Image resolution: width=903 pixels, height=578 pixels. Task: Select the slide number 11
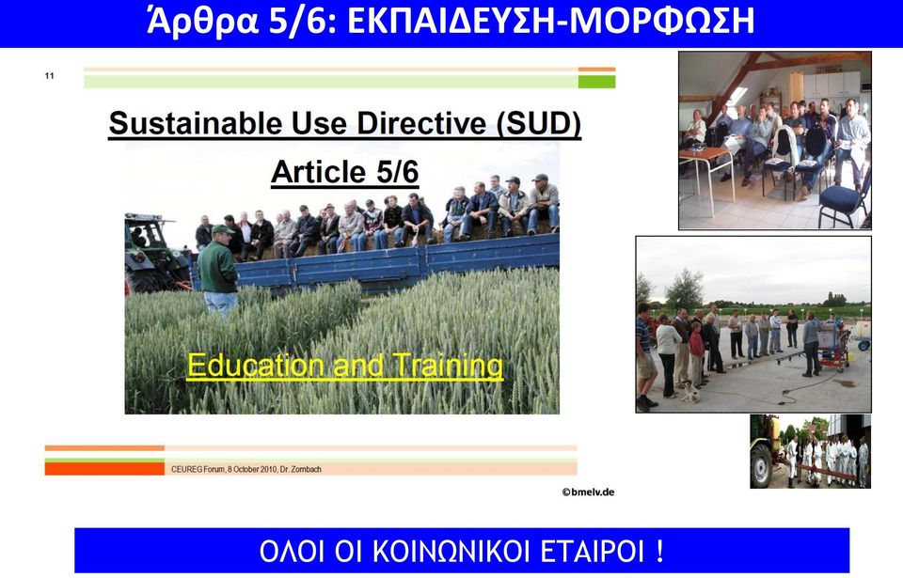pos(50,75)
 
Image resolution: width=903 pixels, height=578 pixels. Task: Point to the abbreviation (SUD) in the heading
pos(538,123)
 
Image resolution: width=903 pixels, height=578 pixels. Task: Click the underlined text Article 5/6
pos(344,172)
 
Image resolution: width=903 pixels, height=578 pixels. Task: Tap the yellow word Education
pos(256,366)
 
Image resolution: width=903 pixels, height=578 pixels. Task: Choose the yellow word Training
pos(448,366)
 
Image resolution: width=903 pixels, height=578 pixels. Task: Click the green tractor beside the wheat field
pos(153,254)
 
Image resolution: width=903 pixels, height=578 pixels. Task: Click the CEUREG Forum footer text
pos(246,469)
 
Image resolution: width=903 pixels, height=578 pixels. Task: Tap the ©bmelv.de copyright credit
pos(588,492)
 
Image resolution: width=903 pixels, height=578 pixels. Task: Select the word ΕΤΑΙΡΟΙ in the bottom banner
pos(593,551)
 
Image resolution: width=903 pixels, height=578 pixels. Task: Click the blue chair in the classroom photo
pos(843,198)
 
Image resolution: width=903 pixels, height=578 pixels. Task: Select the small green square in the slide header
pos(596,82)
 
